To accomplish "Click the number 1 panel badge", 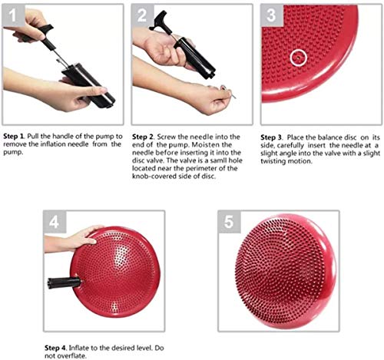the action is click(x=14, y=15).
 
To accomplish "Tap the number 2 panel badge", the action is click(x=143, y=15).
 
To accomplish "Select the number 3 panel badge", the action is click(x=272, y=15).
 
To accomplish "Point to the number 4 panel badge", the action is click(x=55, y=222).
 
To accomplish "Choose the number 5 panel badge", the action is click(x=229, y=222).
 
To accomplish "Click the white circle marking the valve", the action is click(x=299, y=58).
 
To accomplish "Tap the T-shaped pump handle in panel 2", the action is click(x=159, y=21).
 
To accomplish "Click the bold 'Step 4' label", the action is click(x=55, y=348).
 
